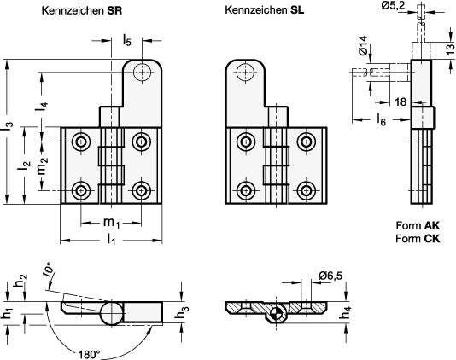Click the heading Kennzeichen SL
(x=262, y=11)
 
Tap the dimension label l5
(x=126, y=39)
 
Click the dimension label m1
(x=110, y=224)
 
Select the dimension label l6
(x=381, y=120)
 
